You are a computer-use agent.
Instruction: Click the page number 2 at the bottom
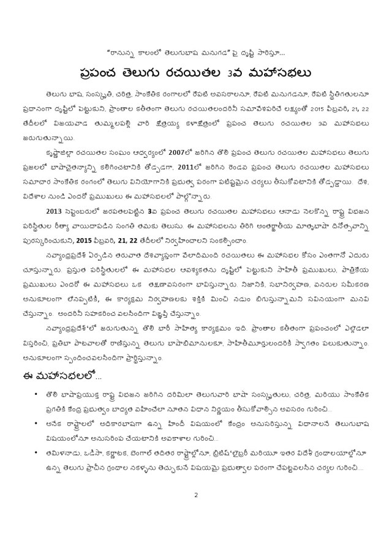[x=195, y=495]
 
